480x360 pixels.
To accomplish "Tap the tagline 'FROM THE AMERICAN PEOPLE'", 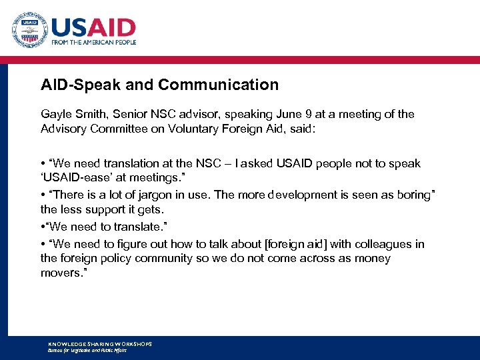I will click(93, 42).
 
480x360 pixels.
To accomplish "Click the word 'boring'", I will click(412, 195).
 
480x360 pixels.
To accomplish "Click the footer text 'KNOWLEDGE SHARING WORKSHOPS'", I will click(100, 344).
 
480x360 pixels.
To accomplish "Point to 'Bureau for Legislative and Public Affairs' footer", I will click(87, 350).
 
